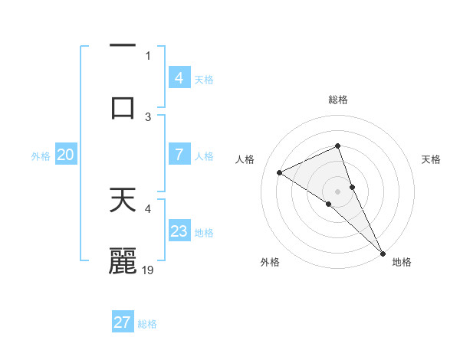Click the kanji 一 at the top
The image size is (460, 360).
(x=123, y=47)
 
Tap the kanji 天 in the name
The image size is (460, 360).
(x=123, y=200)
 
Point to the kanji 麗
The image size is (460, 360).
(x=123, y=261)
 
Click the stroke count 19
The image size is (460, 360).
(x=149, y=270)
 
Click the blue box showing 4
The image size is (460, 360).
(x=179, y=78)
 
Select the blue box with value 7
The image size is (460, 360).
(x=179, y=155)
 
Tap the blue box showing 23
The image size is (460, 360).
(x=179, y=231)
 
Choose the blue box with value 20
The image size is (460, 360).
(x=66, y=155)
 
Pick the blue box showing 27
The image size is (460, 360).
(x=123, y=322)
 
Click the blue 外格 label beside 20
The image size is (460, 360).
(x=41, y=155)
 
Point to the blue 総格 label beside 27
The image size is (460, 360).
(x=147, y=323)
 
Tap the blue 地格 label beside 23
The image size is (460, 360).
(x=204, y=232)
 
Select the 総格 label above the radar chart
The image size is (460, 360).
(x=338, y=100)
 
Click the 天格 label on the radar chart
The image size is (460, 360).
(x=431, y=159)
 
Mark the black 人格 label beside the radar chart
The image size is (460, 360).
(x=245, y=159)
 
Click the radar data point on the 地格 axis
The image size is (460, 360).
(x=383, y=253)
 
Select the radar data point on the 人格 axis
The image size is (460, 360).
(x=279, y=172)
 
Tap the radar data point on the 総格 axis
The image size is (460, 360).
(x=338, y=146)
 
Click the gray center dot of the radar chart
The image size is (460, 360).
(x=338, y=191)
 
